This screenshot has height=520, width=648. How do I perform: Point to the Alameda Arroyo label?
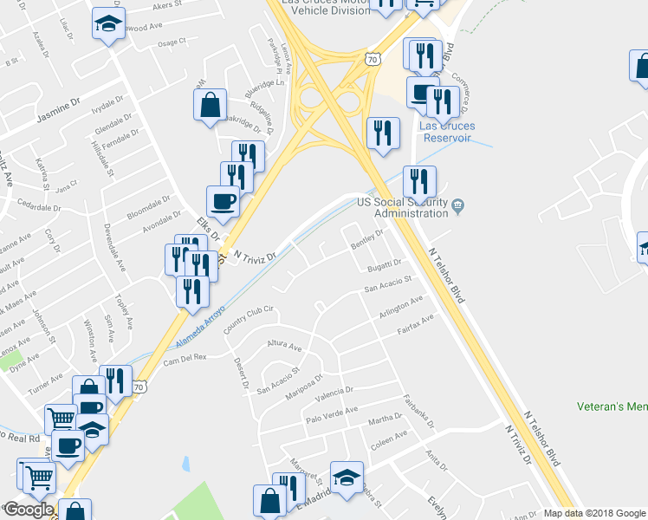tap(202, 322)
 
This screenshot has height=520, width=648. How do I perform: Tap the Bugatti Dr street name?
tap(384, 264)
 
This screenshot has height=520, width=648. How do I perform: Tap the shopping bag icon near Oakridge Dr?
tap(211, 106)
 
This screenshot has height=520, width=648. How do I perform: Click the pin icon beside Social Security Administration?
tap(459, 205)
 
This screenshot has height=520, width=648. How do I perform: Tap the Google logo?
tap(29, 510)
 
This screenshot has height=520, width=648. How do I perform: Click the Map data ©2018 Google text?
tap(593, 513)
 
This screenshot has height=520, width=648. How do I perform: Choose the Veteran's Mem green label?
tap(612, 406)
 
